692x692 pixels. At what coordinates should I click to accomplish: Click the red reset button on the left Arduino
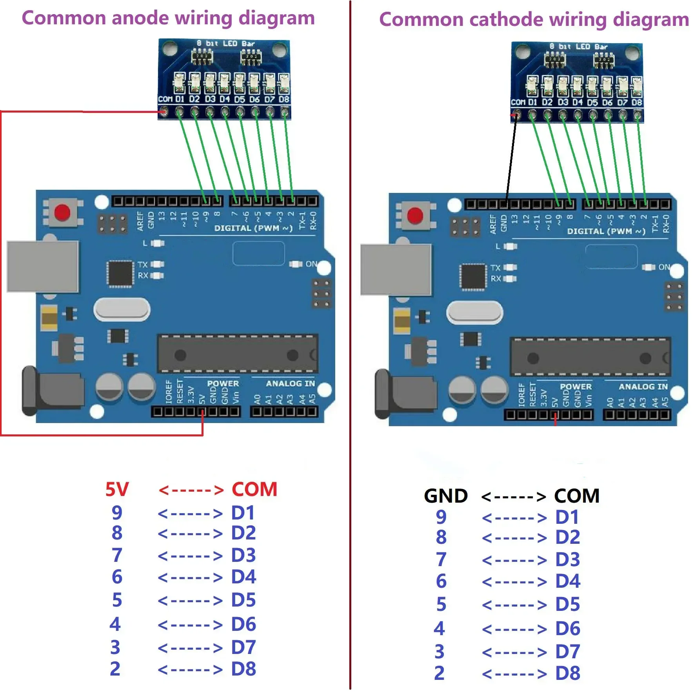pyautogui.click(x=62, y=213)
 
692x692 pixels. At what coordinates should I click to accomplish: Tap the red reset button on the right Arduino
pyautogui.click(x=415, y=216)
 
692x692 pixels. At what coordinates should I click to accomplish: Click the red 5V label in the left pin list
pyautogui.click(x=117, y=489)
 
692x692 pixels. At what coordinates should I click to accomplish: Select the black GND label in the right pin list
pyautogui.click(x=446, y=496)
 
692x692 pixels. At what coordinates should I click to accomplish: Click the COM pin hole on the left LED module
pyautogui.click(x=164, y=113)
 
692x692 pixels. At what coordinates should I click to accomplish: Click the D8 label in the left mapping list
pyautogui.click(x=243, y=669)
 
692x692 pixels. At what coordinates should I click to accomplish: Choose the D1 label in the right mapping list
pyautogui.click(x=567, y=517)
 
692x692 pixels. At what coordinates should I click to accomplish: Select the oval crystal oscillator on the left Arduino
pyautogui.click(x=122, y=310)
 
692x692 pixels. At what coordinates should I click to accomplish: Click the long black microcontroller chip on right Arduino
pyautogui.click(x=590, y=358)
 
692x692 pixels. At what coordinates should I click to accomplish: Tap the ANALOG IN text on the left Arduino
pyautogui.click(x=290, y=383)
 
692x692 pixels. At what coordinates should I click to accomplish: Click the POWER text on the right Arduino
pyautogui.click(x=576, y=387)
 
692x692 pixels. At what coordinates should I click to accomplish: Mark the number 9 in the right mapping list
pyautogui.click(x=441, y=517)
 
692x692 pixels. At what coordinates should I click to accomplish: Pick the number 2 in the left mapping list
pyautogui.click(x=115, y=669)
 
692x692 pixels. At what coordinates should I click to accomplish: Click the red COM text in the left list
pyautogui.click(x=254, y=489)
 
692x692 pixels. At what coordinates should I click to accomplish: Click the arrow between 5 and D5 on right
pyautogui.click(x=514, y=605)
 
